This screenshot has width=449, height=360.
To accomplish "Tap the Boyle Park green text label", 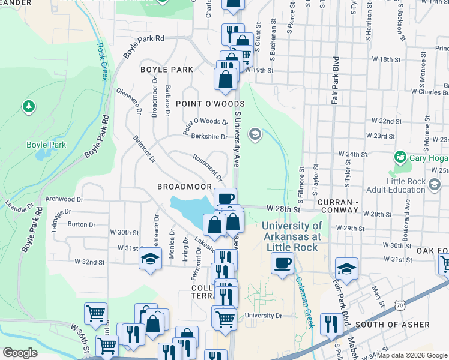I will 46,145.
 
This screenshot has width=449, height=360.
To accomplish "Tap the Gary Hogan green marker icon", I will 400,157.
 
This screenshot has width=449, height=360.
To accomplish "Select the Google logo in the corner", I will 20,353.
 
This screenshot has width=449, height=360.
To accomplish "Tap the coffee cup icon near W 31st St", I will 282,263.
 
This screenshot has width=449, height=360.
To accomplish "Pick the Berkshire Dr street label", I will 209,136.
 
